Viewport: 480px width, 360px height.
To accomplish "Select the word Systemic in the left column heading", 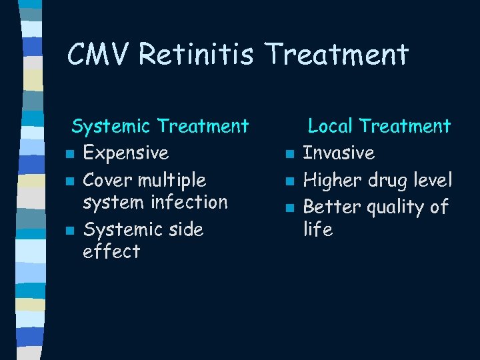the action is point(112,125).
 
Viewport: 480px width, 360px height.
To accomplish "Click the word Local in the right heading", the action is point(330,125).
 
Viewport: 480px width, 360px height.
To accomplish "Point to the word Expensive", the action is point(125,153).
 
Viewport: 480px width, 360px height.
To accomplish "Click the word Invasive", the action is point(339,153).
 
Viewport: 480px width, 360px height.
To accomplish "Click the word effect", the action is point(111,251).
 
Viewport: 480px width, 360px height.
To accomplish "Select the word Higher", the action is point(333,180).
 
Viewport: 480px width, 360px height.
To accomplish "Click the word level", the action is point(433,180).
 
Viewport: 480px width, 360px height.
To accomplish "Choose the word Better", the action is point(331,207).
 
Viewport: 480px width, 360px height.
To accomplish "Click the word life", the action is point(317,229).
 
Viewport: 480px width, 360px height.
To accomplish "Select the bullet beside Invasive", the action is point(289,155).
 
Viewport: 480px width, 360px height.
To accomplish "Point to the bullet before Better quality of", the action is point(289,209).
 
